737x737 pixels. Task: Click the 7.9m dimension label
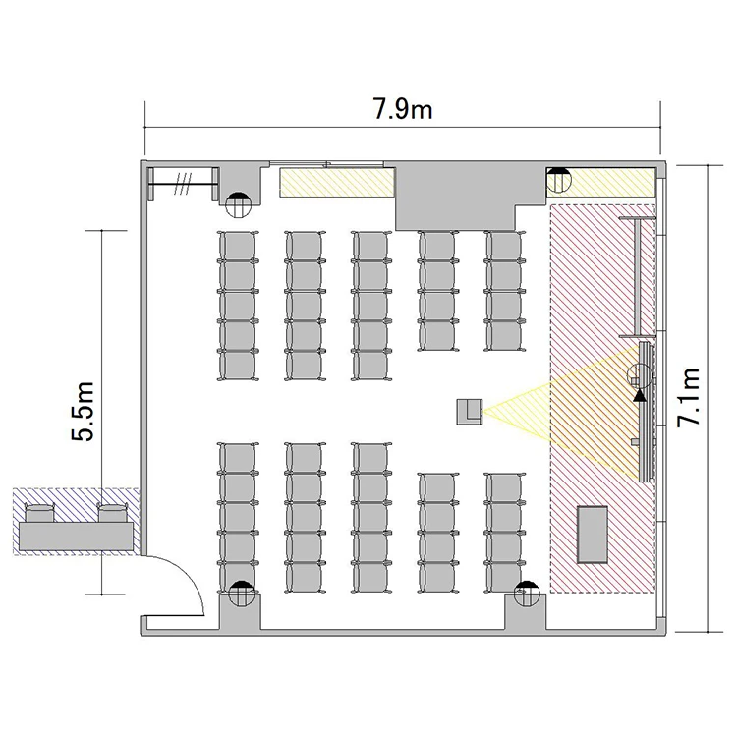[x=403, y=110]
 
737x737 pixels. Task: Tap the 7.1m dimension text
[x=689, y=398]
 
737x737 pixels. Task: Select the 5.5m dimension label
[x=84, y=412]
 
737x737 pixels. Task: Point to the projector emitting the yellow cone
[x=470, y=412]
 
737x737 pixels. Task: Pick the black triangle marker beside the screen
[x=640, y=395]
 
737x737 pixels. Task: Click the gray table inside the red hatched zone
[x=593, y=535]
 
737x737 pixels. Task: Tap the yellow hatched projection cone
[x=564, y=412]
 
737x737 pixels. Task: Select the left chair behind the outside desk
[x=39, y=513]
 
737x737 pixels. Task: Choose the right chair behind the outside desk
[x=113, y=513]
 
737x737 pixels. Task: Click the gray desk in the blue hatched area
[x=76, y=537]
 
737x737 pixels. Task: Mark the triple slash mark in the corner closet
[x=183, y=183]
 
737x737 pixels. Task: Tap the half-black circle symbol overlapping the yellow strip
[x=559, y=180]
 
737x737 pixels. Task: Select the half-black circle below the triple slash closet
[x=238, y=205]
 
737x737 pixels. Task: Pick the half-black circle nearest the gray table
[x=527, y=594]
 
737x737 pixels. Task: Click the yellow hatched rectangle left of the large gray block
[x=336, y=183]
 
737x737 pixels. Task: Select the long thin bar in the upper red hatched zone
[x=638, y=277]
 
